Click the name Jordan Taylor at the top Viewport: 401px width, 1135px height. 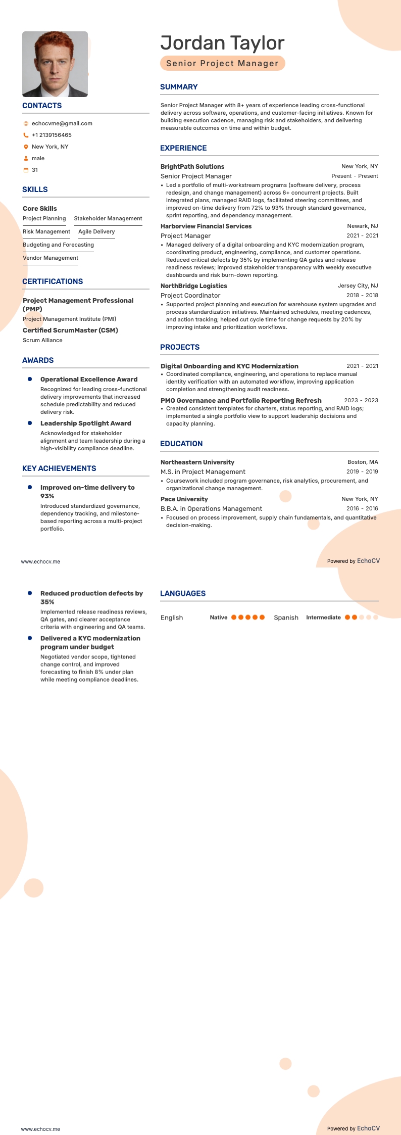(x=222, y=43)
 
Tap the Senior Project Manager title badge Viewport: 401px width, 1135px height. (x=222, y=63)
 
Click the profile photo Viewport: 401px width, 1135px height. (x=55, y=64)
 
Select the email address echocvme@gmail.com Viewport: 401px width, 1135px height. (x=62, y=123)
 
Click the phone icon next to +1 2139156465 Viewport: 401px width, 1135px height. (x=26, y=135)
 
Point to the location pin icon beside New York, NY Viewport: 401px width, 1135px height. (x=26, y=147)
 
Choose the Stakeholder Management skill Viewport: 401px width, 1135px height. (x=108, y=218)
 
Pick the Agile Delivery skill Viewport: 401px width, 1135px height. (x=96, y=231)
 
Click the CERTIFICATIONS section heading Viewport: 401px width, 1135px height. (x=53, y=281)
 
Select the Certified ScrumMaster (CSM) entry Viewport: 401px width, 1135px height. (x=70, y=330)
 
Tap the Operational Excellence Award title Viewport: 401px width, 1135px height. (x=89, y=379)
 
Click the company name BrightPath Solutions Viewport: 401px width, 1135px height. (x=192, y=166)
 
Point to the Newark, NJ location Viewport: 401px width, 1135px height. (x=362, y=226)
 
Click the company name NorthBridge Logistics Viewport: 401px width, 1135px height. (x=194, y=286)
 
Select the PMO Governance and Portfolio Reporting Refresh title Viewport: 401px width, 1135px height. (x=241, y=400)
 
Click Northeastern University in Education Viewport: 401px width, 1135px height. (x=197, y=462)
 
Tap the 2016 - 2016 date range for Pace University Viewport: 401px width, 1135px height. (x=362, y=508)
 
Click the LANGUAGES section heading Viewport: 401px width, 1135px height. (x=183, y=593)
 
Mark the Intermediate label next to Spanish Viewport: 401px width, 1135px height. (x=323, y=618)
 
